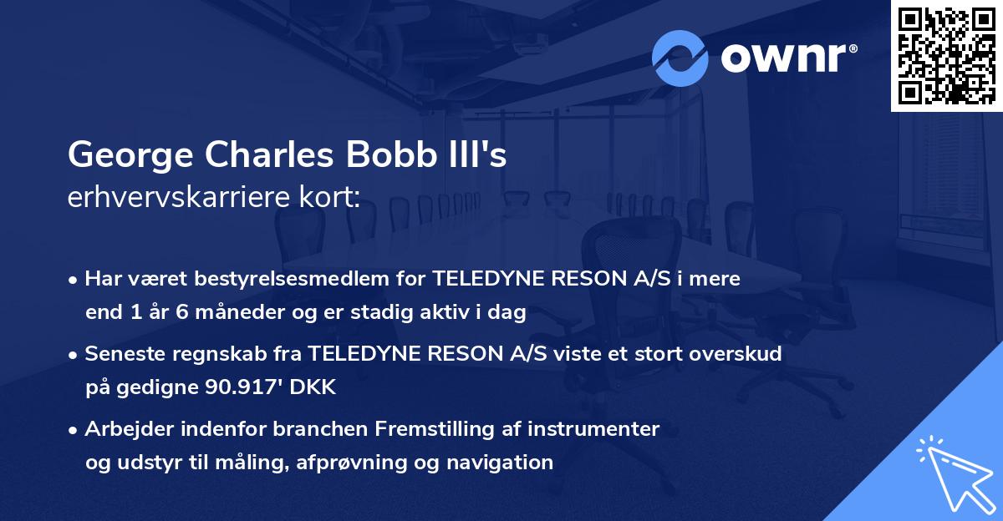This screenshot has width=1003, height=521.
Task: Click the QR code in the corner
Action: [x=946, y=55]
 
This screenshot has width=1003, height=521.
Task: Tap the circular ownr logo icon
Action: [x=680, y=58]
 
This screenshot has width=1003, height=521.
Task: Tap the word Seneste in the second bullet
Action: [x=123, y=354]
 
